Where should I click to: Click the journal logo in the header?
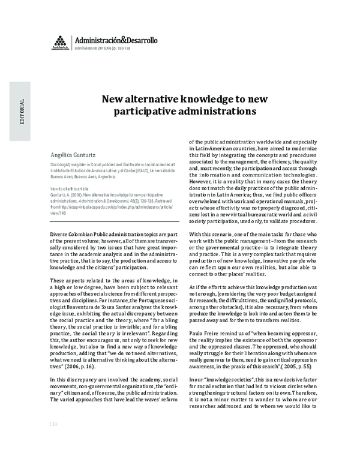click(x=59, y=42)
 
